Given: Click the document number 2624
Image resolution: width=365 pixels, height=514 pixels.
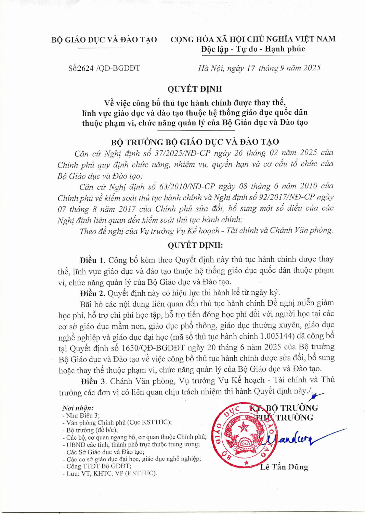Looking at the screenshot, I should (x=86, y=68).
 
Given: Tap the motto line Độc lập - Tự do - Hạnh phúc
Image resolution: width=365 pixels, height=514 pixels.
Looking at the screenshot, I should (x=253, y=49).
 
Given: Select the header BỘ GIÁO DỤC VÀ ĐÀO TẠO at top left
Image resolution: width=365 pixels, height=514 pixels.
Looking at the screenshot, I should (x=104, y=40).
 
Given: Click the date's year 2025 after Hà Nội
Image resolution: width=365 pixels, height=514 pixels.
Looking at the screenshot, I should (x=312, y=68).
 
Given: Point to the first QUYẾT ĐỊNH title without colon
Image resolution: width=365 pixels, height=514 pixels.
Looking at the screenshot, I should (x=195, y=89).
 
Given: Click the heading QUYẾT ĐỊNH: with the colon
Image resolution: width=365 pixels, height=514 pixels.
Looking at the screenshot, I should (x=195, y=245).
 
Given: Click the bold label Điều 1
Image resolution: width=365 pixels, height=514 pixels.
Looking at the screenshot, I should (x=92, y=260).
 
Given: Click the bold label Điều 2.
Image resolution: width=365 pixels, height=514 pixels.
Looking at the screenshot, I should (x=93, y=293).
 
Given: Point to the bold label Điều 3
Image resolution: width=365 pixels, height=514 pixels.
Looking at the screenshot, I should (x=93, y=381).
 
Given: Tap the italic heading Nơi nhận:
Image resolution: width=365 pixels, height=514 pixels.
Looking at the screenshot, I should (x=78, y=408).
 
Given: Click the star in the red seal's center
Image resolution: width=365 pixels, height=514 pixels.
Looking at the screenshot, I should (x=244, y=427).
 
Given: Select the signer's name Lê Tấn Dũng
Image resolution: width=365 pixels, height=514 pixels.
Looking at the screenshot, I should (x=284, y=467).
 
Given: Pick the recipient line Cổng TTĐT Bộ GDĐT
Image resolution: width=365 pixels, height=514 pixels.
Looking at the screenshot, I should (x=99, y=466).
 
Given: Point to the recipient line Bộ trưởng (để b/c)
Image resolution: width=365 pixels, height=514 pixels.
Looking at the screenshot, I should (x=92, y=430).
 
